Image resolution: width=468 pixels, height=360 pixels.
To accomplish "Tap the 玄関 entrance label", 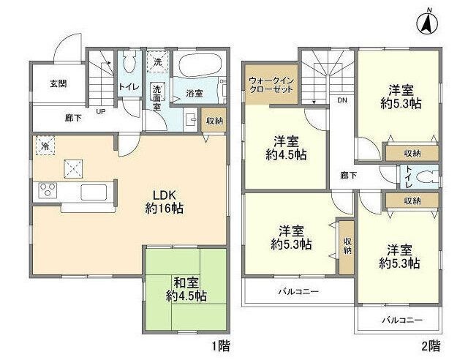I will [58, 83].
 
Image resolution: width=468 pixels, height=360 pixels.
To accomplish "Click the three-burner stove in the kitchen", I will [48, 191].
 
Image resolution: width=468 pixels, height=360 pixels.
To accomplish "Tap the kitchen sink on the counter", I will [93, 192].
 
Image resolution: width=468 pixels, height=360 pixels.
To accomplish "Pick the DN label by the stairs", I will [341, 101].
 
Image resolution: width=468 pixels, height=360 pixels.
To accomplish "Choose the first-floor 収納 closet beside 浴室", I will [214, 121].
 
